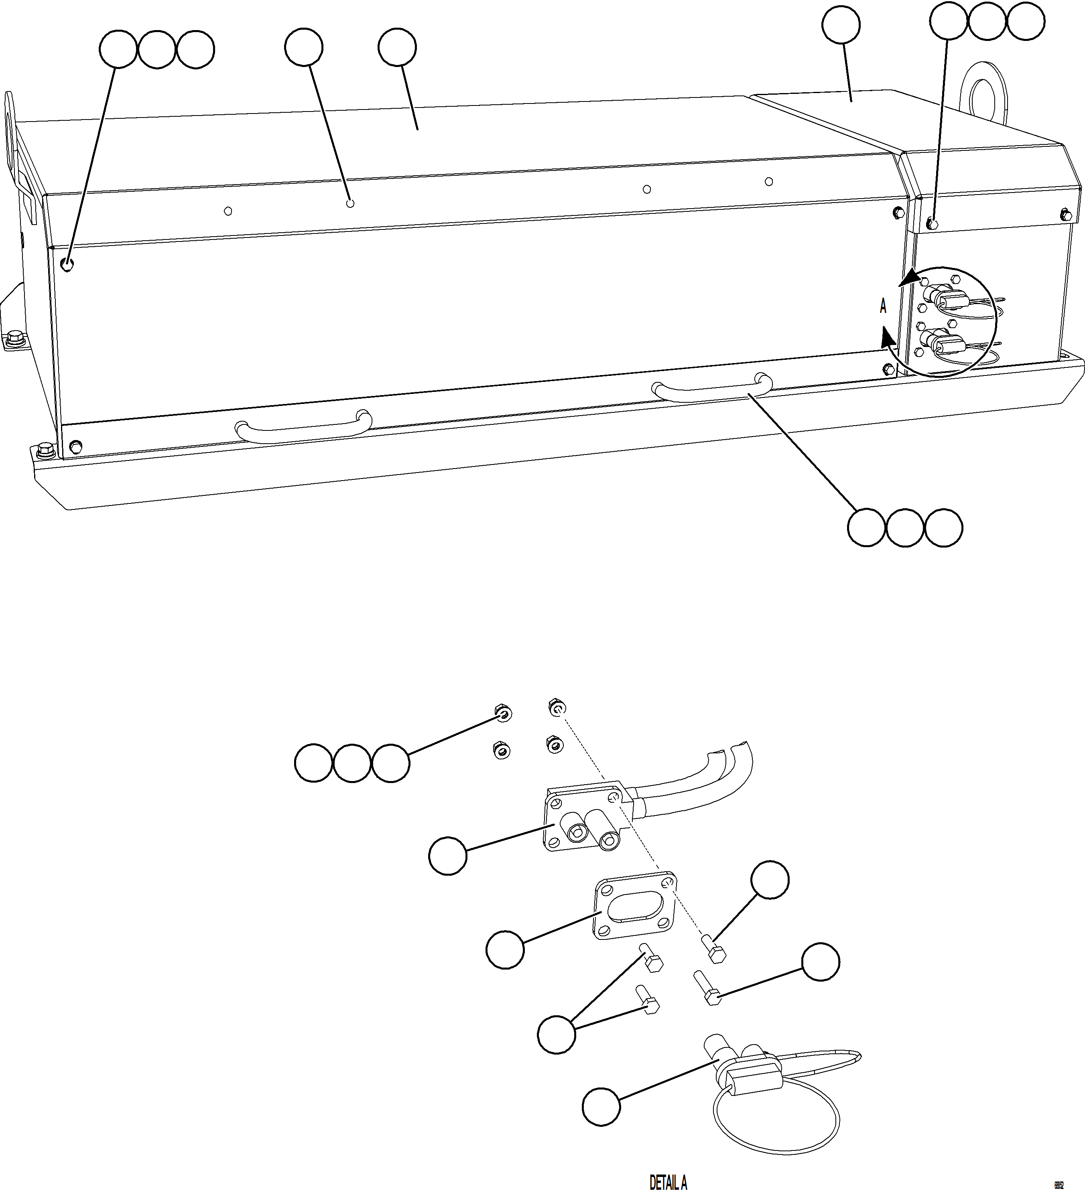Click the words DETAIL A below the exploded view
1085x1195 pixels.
pos(668,1183)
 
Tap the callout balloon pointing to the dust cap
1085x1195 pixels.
pos(601,1107)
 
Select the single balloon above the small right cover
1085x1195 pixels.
pos(841,25)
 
